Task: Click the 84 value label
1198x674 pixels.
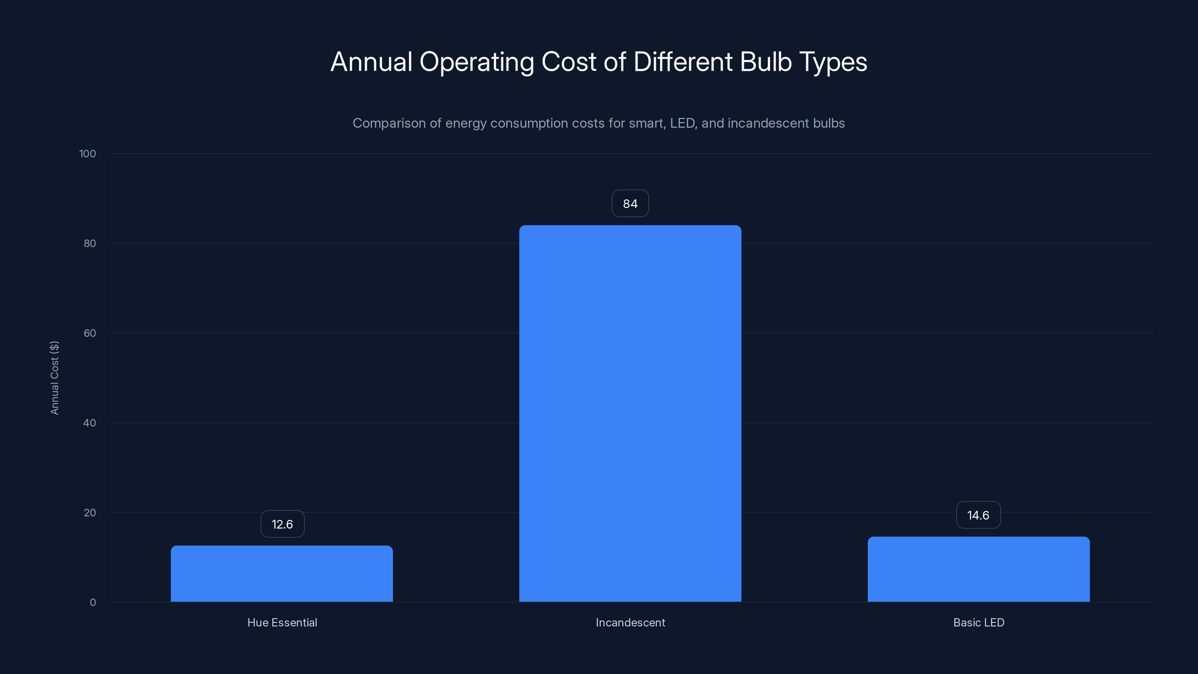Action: click(630, 204)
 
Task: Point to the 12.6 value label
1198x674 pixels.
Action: click(282, 524)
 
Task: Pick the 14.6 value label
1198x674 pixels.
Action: click(978, 515)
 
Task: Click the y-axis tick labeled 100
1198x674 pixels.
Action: click(88, 154)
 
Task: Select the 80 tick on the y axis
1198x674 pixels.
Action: click(90, 244)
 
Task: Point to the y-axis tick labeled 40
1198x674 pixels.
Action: click(90, 423)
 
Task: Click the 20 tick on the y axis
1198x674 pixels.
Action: click(90, 513)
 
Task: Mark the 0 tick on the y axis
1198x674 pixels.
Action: click(92, 603)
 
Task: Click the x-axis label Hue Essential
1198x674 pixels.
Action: click(282, 623)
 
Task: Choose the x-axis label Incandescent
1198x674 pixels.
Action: click(630, 623)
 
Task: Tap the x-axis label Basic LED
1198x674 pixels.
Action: click(979, 623)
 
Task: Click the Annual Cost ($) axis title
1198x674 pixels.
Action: click(54, 378)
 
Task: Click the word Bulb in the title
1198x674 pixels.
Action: click(766, 62)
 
